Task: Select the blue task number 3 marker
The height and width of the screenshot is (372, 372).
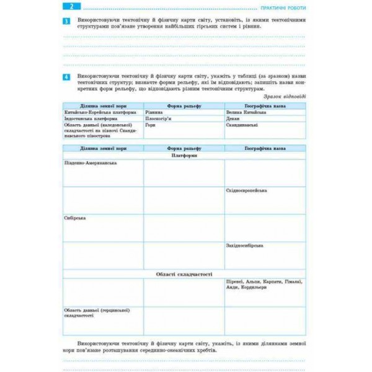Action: click(67, 22)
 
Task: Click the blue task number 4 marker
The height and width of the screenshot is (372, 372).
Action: click(67, 76)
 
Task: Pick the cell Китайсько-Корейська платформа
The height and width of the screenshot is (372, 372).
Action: click(94, 112)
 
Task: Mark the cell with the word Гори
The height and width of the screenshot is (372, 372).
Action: click(150, 125)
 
